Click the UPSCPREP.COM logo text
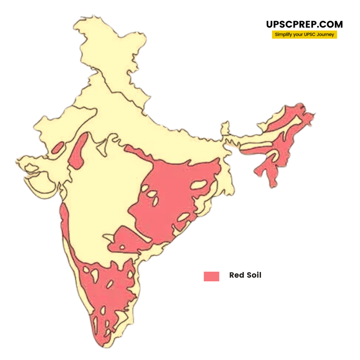coord(304,24)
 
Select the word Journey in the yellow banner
coord(326,35)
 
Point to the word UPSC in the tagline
coord(310,35)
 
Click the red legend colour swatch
coord(211,276)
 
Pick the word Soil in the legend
coord(253,275)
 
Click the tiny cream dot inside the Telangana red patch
coord(122,247)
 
